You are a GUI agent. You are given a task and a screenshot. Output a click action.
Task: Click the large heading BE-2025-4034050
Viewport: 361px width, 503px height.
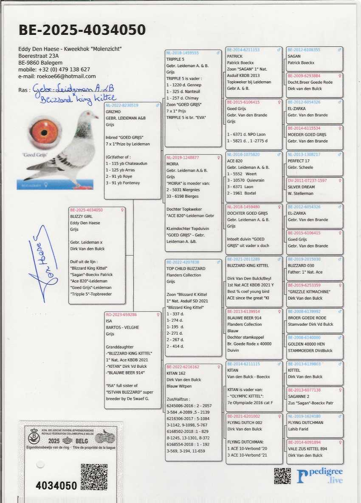pos(82,30)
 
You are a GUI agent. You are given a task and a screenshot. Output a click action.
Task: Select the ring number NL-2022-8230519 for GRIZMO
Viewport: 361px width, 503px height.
pos(122,105)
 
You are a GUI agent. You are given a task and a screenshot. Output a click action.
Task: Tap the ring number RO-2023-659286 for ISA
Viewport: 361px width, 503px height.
pos(121,315)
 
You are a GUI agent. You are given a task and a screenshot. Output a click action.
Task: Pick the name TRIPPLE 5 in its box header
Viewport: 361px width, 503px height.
pos(175,60)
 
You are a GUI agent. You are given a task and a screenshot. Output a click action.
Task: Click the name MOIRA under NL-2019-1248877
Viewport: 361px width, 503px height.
pos(173,164)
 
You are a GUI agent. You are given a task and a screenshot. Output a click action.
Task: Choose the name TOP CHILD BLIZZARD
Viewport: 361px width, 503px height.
pos(186,269)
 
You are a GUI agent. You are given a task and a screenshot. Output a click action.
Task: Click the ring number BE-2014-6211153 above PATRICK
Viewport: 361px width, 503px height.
pos(243,50)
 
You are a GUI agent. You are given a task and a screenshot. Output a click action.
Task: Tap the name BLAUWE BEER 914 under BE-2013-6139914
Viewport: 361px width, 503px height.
pos(244,318)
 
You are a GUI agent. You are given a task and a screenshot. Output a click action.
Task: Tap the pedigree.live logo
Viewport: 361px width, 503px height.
pos(320,476)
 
